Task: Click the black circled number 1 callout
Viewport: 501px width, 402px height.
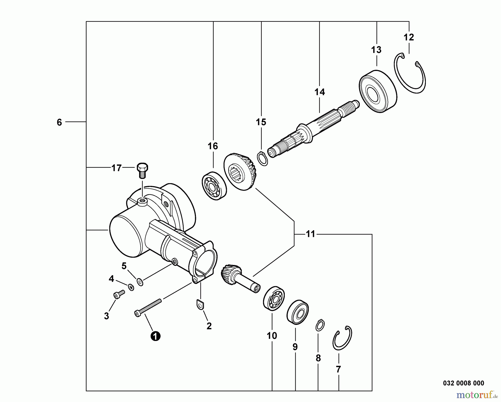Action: tap(155, 336)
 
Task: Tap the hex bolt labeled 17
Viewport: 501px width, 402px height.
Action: tap(142, 170)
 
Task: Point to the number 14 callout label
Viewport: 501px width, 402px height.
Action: tap(320, 92)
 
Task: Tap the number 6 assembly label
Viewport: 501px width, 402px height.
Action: tap(59, 122)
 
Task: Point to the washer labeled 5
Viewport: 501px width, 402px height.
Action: tap(140, 282)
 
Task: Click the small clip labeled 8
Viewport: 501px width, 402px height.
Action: tap(320, 325)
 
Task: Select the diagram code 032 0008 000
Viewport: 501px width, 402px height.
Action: tap(463, 383)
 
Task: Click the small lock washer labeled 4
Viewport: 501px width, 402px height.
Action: tap(131, 287)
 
